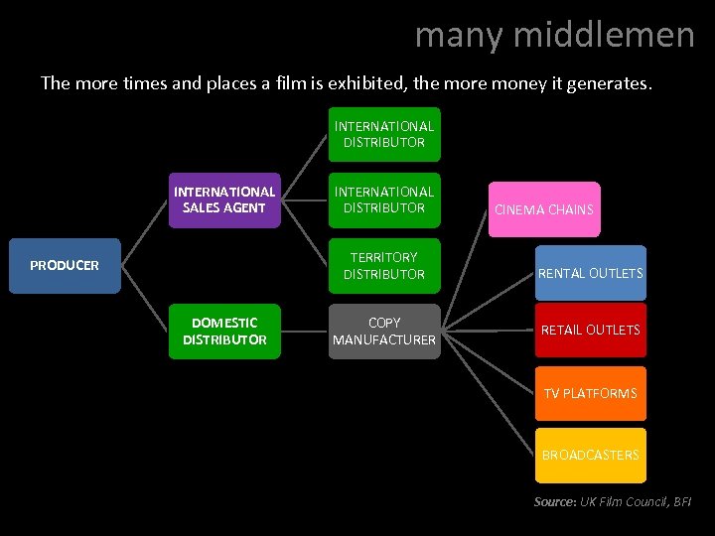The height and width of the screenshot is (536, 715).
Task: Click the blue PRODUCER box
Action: click(65, 266)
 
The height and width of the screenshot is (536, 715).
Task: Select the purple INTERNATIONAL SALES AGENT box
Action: click(223, 200)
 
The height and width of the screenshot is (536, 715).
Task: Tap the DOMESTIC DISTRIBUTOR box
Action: click(223, 331)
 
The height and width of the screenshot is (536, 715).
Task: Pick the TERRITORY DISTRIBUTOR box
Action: click(384, 266)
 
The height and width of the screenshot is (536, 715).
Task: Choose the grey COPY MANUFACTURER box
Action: click(384, 332)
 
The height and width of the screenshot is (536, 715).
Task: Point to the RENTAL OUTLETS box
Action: click(590, 273)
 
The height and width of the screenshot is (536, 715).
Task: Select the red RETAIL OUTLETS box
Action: click(590, 330)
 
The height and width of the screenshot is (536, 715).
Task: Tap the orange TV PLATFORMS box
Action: click(590, 393)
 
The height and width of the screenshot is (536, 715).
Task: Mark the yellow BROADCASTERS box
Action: click(590, 455)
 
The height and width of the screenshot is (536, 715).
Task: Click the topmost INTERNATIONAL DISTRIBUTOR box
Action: click(384, 134)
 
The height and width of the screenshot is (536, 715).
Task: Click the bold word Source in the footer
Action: click(554, 502)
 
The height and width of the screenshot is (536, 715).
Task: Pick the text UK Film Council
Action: click(622, 502)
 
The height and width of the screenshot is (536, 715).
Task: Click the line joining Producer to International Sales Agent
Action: click(145, 232)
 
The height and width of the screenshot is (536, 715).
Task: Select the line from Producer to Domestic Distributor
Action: click(145, 299)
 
